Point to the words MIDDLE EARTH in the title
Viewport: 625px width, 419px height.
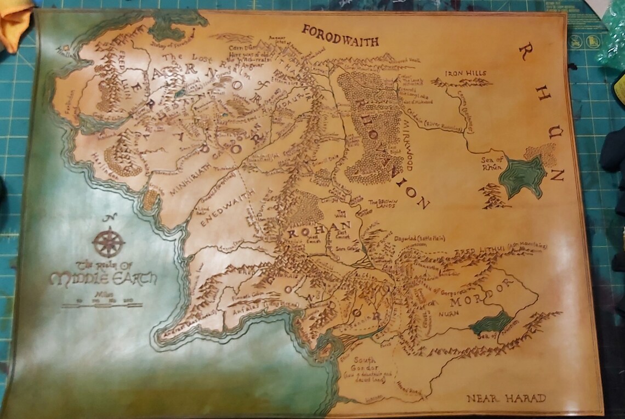[x=103, y=278]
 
